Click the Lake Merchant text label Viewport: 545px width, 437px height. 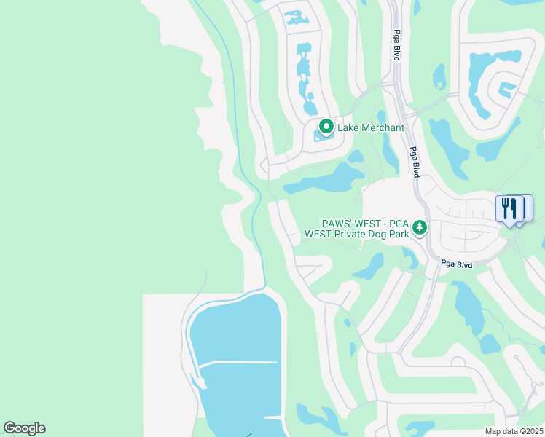point(370,128)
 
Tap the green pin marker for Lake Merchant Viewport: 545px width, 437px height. point(326,127)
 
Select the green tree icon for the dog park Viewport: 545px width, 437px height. point(420,228)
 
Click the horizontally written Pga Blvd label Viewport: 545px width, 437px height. point(457,265)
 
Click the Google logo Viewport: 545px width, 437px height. point(24,428)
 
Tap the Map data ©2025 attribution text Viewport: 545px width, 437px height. point(514,431)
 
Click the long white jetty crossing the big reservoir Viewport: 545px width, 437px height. point(237,362)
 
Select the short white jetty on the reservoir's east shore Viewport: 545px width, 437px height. point(272,417)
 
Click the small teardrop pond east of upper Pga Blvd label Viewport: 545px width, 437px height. point(439,76)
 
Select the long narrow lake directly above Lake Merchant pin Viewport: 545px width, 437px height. point(304,69)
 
